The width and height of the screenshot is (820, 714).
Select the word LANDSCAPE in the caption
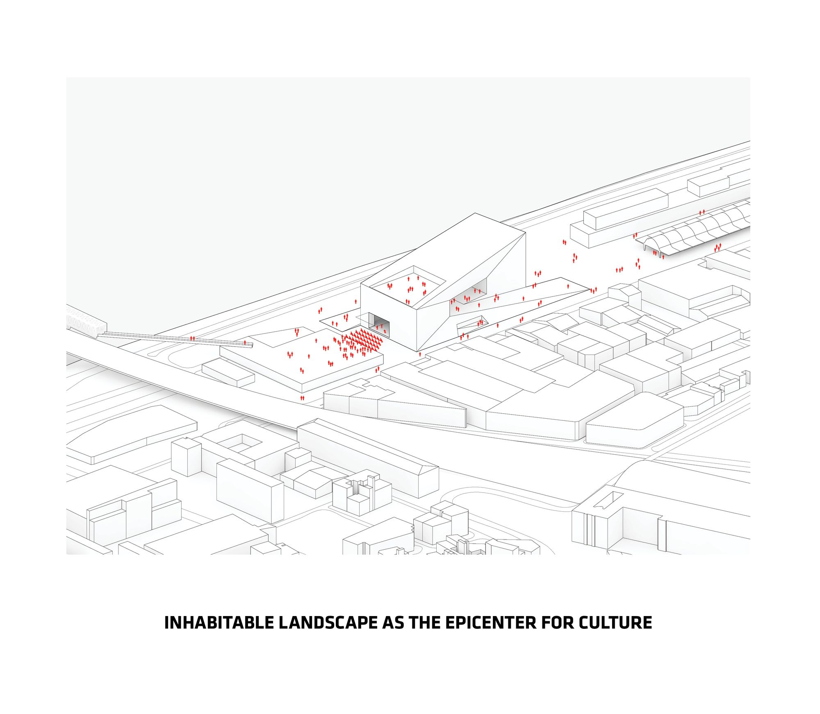click(328, 623)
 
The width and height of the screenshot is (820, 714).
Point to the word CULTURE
click(615, 623)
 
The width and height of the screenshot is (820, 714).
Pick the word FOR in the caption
click(558, 623)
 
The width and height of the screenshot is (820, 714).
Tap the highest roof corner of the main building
click(475, 213)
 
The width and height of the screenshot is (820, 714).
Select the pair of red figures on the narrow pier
click(192, 338)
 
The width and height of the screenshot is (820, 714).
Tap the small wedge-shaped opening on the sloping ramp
click(471, 322)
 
